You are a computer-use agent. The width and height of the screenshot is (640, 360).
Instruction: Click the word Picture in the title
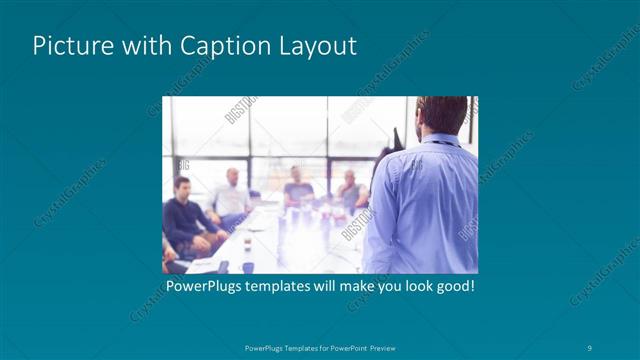point(68,46)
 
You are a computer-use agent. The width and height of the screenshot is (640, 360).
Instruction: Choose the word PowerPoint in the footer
point(340,347)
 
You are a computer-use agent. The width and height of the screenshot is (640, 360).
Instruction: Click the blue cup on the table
point(247,266)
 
